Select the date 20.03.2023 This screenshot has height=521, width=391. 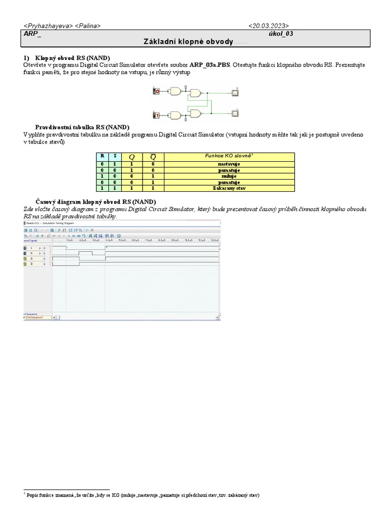pyautogui.click(x=269, y=25)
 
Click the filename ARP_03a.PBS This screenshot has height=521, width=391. pyautogui.click(x=210, y=65)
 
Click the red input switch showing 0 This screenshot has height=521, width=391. pyautogui.click(x=157, y=92)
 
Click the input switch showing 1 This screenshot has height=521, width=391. pyautogui.click(x=157, y=115)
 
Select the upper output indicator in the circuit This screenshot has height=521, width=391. pyautogui.click(x=235, y=93)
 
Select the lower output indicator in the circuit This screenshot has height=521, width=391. pyautogui.click(x=235, y=113)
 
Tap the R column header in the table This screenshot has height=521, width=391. pyautogui.click(x=102, y=156)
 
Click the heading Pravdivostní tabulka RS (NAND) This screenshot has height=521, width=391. pyautogui.click(x=82, y=127)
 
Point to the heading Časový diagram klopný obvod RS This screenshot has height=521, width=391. pyautogui.click(x=96, y=201)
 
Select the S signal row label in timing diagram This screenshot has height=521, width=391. pyautogui.click(x=32, y=248)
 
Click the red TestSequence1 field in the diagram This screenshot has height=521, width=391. pyautogui.click(x=38, y=317)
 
